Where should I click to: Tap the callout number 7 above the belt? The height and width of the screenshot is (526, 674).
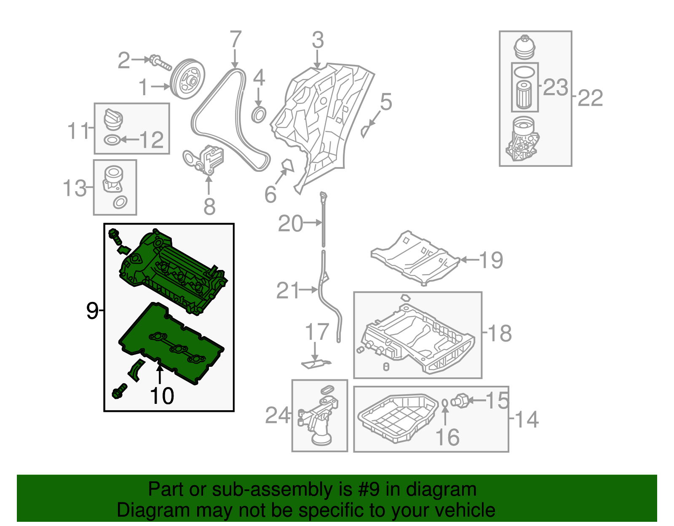coord(235,40)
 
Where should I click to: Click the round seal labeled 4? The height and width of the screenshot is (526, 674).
coord(259,115)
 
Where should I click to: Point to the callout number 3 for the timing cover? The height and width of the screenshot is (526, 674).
coord(318,40)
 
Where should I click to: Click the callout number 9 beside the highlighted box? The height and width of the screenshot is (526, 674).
coord(92,311)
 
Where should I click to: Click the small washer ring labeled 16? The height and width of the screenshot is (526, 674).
coord(445,403)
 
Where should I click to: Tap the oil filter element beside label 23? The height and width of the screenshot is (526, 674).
coord(524,95)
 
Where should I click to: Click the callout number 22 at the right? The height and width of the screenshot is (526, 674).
coord(590,98)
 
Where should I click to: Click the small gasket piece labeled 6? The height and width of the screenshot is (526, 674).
coord(287,165)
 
